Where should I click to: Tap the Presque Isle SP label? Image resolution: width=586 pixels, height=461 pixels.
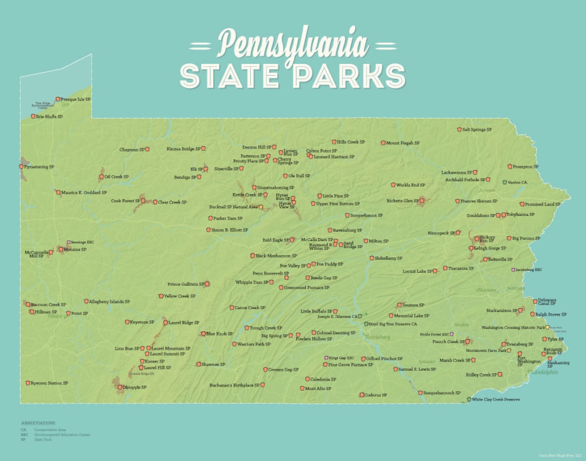click(76, 99)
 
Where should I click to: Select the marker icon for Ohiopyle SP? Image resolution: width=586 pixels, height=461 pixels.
click(120, 387)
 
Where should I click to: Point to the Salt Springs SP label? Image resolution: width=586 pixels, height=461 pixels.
click(477, 130)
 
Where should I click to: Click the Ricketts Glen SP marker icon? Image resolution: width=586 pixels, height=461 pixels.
click(422, 201)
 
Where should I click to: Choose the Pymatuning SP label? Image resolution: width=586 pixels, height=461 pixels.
click(39, 167)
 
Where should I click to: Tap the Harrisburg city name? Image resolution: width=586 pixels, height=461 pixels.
click(377, 337)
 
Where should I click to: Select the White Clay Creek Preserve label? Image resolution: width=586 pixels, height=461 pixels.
click(496, 399)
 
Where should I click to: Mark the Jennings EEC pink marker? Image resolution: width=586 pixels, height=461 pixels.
click(68, 242)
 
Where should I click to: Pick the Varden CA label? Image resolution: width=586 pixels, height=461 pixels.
click(518, 182)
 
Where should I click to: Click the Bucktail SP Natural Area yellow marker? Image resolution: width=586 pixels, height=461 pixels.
click(261, 207)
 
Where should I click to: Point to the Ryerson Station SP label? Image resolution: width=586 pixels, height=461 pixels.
click(49, 383)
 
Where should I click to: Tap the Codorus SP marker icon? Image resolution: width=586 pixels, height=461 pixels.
click(362, 395)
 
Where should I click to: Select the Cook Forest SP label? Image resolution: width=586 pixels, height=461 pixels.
click(125, 201)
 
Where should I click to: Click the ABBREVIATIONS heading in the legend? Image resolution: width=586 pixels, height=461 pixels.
click(38, 423)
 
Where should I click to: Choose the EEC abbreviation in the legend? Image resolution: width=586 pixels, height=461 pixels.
click(24, 435)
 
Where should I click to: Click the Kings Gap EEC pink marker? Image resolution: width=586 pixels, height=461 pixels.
click(326, 358)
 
